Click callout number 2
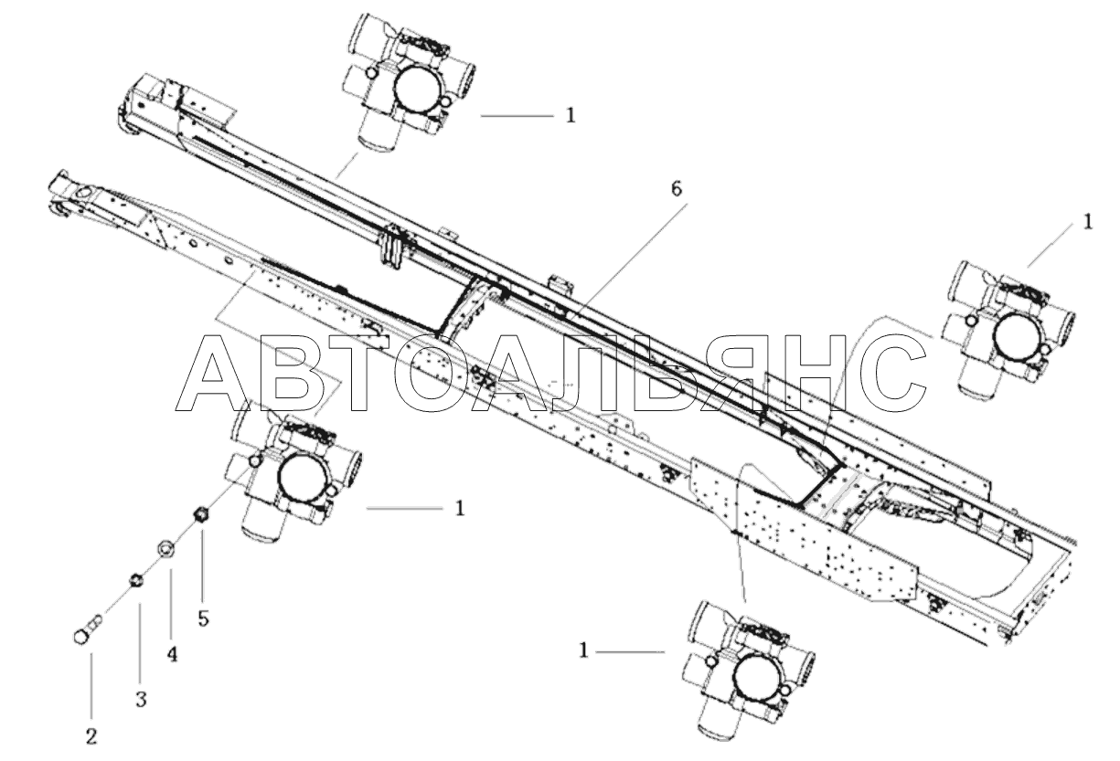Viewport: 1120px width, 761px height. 91,734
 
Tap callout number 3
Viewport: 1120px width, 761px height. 141,700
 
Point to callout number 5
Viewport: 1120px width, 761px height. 203,618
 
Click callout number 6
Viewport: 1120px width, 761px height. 676,189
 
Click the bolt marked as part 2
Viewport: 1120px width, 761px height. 86,632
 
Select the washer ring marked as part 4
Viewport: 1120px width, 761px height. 166,548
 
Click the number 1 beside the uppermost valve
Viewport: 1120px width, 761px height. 571,116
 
